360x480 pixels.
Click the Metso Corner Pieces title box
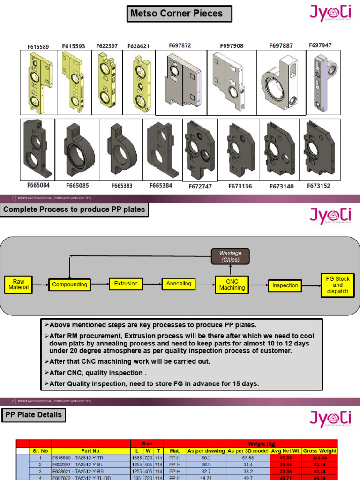click(x=180, y=14)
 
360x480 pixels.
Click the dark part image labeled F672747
click(x=200, y=150)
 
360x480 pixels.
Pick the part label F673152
click(x=319, y=186)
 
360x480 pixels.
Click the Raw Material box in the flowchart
click(x=19, y=285)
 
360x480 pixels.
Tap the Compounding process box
click(x=70, y=285)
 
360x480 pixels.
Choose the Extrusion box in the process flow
click(x=126, y=284)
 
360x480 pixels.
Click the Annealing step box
click(x=179, y=284)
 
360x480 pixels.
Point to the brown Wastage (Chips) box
click(x=230, y=256)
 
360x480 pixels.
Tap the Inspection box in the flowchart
click(x=285, y=285)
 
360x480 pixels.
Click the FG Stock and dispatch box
click(x=337, y=285)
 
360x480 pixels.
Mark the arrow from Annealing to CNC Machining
click(x=205, y=284)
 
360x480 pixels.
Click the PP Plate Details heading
click(x=33, y=415)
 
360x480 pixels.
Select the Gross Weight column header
click(x=320, y=451)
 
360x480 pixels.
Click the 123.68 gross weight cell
click(x=320, y=457)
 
